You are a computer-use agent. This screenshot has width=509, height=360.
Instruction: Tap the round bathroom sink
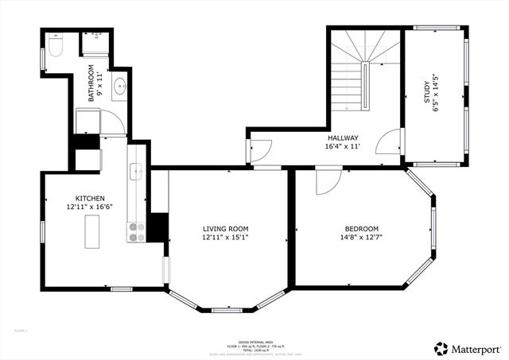coord(118,87)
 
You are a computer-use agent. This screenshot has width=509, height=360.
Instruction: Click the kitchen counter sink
coord(136,169)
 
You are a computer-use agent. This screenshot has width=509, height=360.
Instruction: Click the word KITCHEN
coord(90,198)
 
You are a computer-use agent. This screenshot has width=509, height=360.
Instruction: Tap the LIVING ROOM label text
coord(226,228)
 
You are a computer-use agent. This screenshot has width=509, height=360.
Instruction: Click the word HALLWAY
coord(342,137)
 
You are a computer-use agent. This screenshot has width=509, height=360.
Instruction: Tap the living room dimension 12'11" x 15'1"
coord(226,237)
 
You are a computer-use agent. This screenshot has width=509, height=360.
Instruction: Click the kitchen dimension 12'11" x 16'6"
coord(90,207)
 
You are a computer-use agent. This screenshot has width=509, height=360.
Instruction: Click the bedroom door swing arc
coord(328,182)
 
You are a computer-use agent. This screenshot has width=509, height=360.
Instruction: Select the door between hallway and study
coord(390,143)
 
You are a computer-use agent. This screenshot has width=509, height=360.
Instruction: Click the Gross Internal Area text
coord(254,340)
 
